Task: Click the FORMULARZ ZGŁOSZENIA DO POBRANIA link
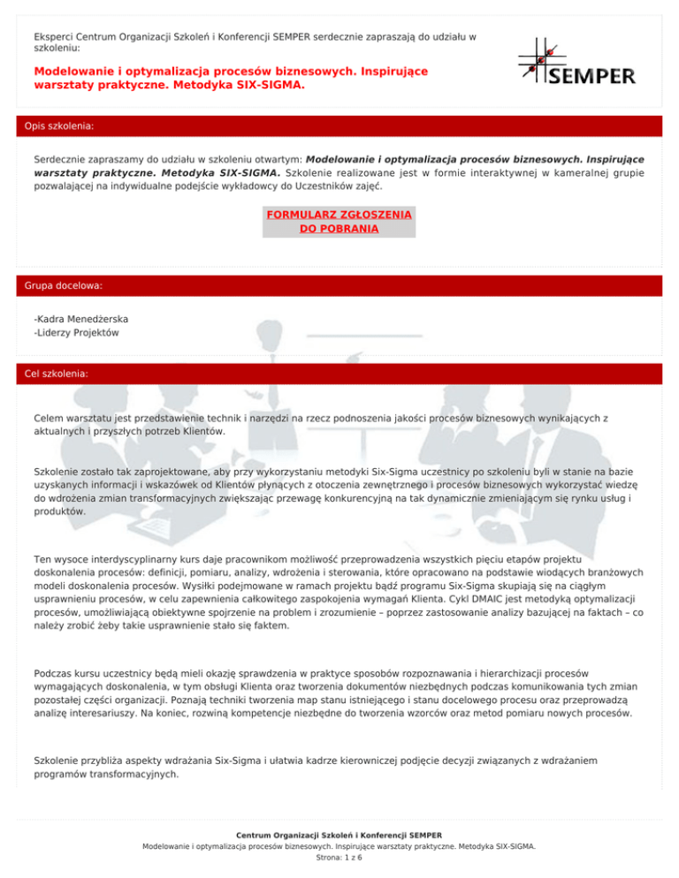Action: tap(339, 222)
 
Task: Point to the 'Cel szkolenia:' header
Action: tap(57, 374)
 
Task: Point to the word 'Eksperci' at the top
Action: tap(52, 37)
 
